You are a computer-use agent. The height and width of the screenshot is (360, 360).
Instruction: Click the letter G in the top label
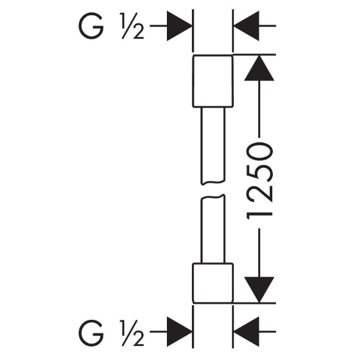point(91,26)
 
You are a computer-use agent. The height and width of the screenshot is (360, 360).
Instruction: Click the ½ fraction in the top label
point(132,26)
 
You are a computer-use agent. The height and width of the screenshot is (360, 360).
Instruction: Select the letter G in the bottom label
point(91,331)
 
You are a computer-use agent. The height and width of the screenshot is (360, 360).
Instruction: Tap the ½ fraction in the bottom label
point(132,331)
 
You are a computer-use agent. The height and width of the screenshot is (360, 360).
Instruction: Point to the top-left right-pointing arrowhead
point(180,26)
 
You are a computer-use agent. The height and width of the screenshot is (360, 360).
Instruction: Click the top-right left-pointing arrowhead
point(246,26)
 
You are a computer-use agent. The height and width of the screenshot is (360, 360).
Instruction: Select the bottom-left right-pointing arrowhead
point(180,331)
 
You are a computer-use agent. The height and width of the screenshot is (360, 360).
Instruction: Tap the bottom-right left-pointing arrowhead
point(246,331)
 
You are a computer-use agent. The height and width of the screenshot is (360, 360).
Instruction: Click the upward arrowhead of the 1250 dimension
point(259,68)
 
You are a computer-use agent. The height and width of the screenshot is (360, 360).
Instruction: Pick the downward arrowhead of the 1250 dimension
point(259,290)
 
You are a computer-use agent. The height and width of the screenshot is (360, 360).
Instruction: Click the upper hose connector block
point(213,81)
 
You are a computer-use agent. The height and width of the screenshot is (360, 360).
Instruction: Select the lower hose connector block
point(213,283)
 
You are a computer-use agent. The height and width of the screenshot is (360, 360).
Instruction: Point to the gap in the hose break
point(213,189)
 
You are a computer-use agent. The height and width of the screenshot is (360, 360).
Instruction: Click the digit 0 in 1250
point(259,152)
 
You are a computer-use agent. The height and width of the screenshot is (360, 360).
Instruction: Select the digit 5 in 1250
point(259,173)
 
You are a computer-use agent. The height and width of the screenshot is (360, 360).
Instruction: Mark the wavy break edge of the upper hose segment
point(213,183)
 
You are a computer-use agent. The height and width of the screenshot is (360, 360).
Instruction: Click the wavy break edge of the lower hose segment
point(213,197)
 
